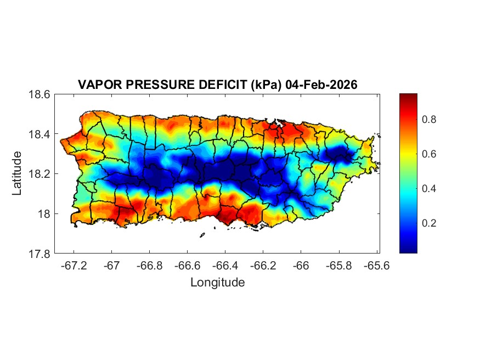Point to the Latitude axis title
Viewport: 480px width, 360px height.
pos(17,173)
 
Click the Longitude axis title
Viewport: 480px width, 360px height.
pos(217,283)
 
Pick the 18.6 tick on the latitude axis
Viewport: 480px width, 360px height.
pos(39,94)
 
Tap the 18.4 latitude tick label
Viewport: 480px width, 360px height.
pos(39,134)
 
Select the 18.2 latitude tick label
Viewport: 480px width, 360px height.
pos(39,174)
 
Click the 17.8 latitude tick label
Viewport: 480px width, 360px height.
pos(39,254)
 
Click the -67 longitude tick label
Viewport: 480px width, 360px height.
pos(112,265)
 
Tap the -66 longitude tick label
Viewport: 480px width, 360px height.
pos(301,265)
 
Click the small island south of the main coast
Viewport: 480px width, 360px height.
pos(202,235)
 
